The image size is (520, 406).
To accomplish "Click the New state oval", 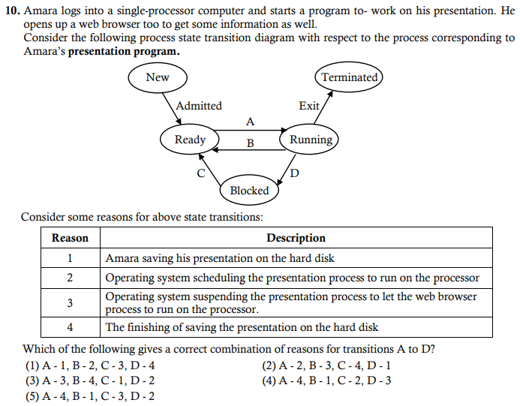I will coord(157,77).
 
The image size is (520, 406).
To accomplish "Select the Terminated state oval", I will coord(349,77).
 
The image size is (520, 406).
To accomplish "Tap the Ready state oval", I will coord(190,140).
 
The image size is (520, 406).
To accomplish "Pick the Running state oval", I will coord(311,140).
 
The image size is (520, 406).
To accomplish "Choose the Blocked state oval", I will coord(249,191).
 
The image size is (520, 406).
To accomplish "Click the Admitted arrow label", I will coord(199,106).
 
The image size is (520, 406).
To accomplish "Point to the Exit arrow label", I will coord(308,106).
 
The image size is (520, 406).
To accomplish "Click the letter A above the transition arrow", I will coord(250,121).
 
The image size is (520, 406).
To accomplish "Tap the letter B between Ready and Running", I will coord(250,143).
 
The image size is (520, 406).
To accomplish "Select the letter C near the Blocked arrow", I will coord(200,173).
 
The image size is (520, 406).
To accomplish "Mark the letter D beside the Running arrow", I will coord(294,173).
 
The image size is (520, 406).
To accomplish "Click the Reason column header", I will coord(70,238).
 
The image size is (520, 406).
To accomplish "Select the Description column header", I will coord(296,238).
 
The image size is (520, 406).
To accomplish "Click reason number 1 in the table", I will coord(70,258).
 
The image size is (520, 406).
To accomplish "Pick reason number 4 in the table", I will coord(70,327).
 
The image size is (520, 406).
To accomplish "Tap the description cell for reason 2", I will coord(292,278).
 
